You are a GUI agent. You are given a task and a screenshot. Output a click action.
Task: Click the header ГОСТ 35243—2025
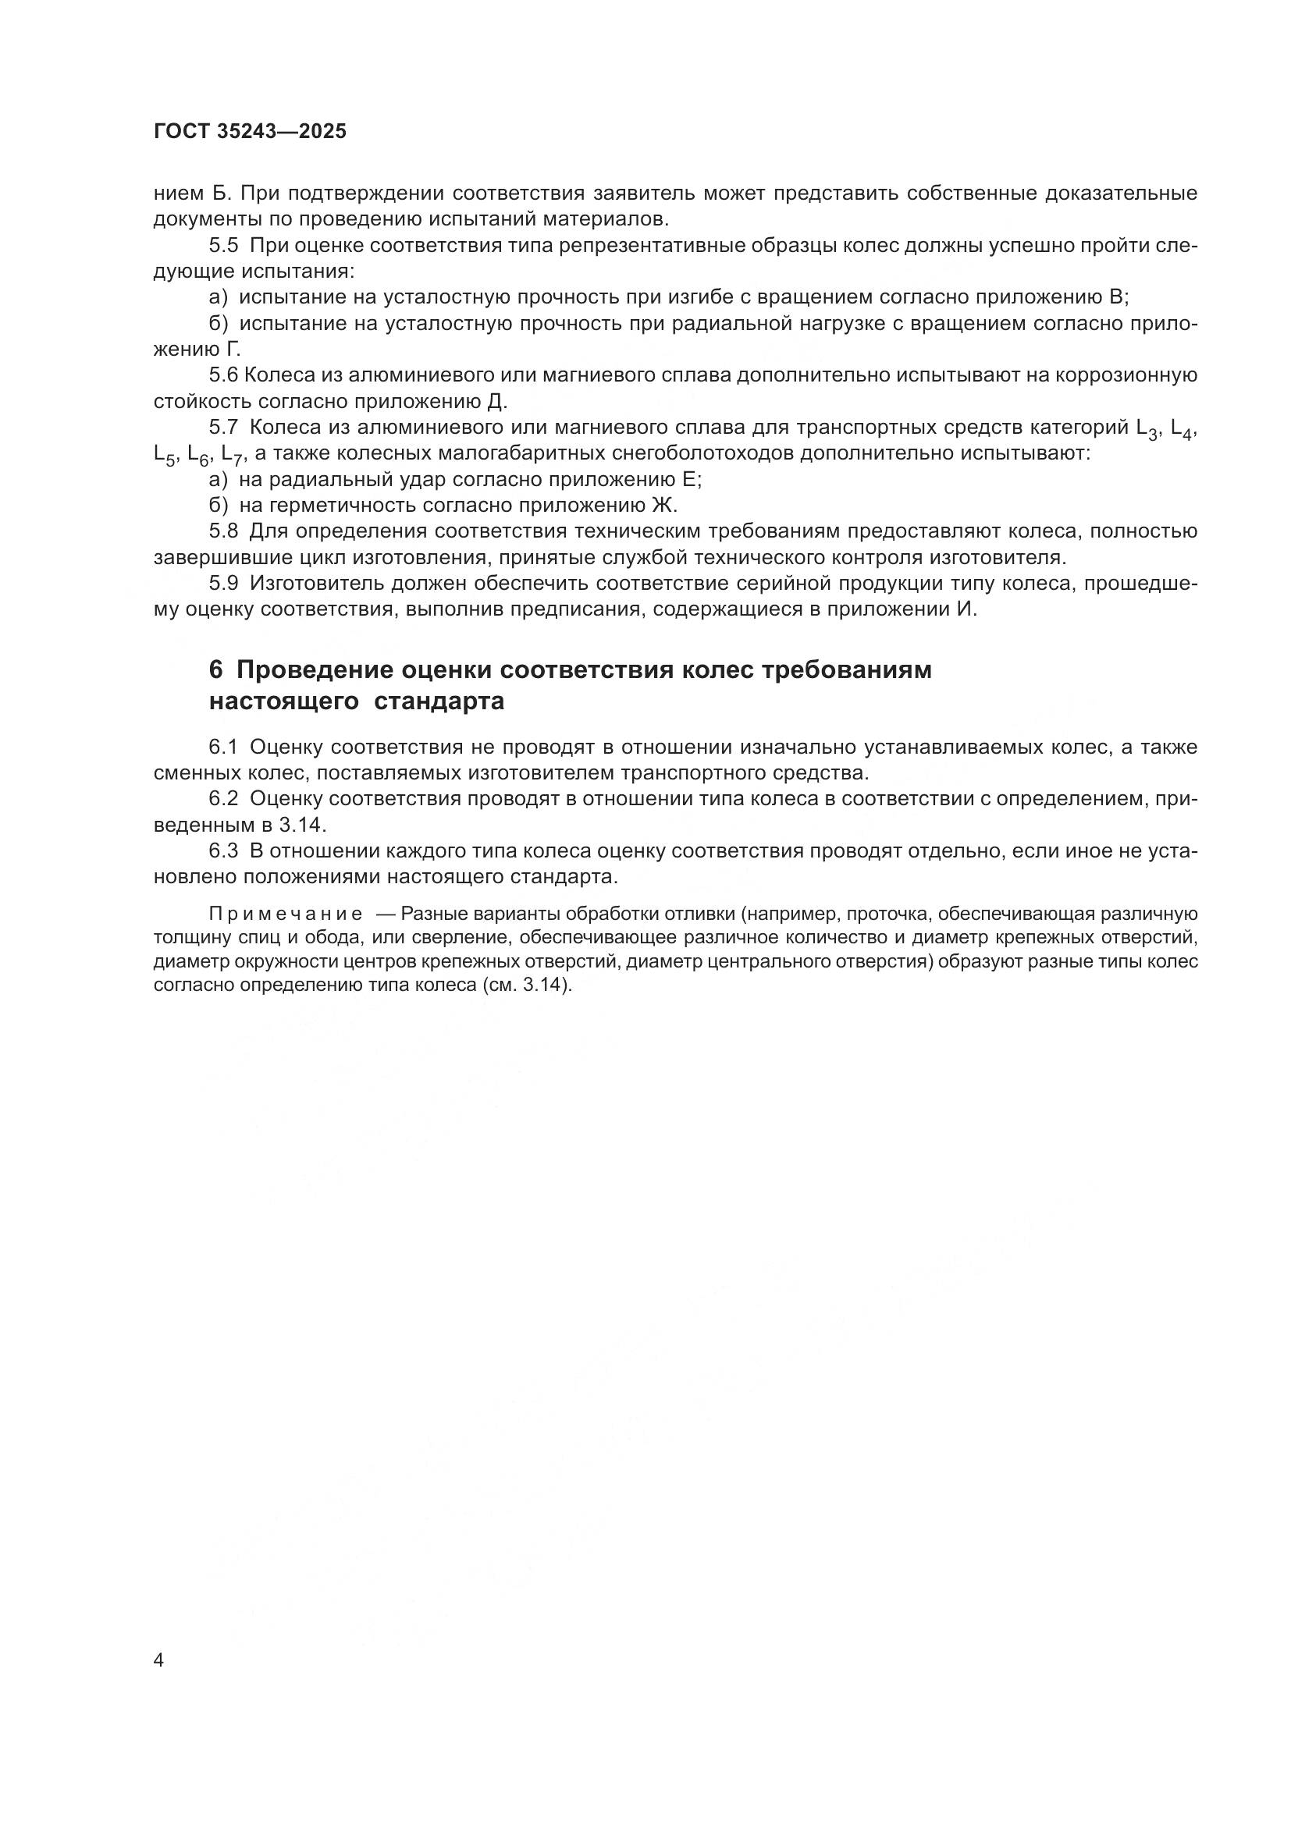(x=250, y=132)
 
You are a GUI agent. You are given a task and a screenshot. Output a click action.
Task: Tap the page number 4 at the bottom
(x=159, y=1661)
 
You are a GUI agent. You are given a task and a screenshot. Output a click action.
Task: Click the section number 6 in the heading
(x=215, y=670)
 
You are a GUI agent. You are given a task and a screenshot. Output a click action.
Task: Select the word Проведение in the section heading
(x=314, y=670)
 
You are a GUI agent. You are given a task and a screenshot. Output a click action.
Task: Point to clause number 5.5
(x=223, y=245)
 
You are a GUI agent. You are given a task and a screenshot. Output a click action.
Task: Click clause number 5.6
(x=223, y=375)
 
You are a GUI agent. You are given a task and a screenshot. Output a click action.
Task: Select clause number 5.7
(x=223, y=427)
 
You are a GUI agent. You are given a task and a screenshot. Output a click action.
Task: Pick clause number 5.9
(x=223, y=583)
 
